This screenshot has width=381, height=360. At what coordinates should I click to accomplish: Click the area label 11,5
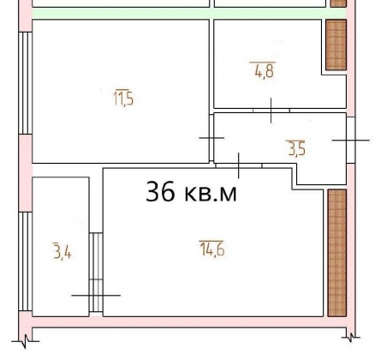123,98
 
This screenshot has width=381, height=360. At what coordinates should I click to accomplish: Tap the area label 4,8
263,70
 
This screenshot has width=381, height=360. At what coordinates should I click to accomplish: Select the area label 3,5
297,148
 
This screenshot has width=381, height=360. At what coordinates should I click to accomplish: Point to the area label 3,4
63,250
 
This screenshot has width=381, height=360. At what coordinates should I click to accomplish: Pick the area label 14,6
211,248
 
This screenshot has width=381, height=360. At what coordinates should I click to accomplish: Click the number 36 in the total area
160,192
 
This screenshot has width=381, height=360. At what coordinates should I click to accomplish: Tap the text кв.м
211,194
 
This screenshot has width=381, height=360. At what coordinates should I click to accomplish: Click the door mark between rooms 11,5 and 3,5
211,138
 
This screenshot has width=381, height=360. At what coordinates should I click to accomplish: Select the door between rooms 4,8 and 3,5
271,111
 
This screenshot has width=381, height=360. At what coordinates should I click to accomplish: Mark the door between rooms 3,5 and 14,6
239,165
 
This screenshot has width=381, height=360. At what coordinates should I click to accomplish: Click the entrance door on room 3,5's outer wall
351,140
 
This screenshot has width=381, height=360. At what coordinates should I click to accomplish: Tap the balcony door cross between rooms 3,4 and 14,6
96,295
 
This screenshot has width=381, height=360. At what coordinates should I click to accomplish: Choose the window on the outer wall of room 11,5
26,83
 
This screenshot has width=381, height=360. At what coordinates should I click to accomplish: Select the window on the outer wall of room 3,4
26,261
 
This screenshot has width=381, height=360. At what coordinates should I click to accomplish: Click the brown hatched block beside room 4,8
336,45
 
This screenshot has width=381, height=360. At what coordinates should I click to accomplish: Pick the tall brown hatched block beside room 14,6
336,253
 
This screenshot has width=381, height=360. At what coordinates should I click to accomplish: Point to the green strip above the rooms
189,14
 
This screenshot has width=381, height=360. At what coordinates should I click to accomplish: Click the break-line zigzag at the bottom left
26,341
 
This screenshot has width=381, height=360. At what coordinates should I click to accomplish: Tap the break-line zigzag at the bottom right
351,338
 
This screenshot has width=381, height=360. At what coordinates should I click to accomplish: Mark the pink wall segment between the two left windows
26,173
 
